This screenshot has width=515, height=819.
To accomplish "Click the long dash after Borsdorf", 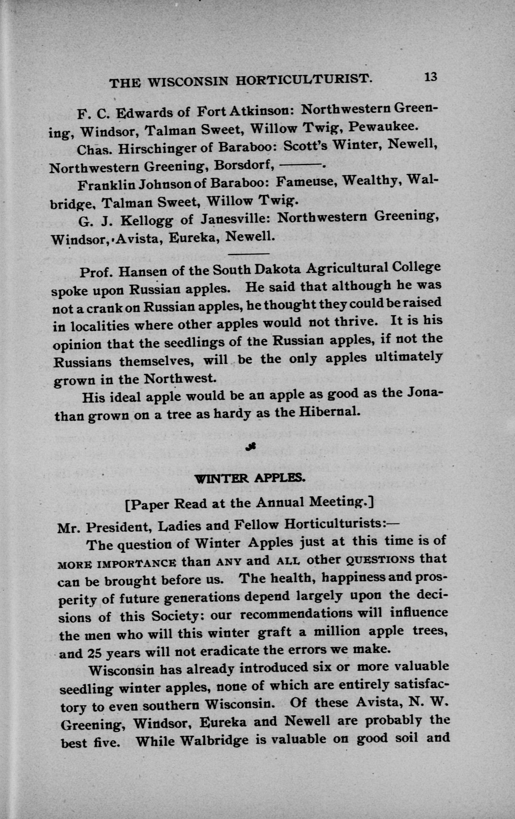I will click(x=300, y=165).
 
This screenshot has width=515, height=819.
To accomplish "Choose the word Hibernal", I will click(x=329, y=412).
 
